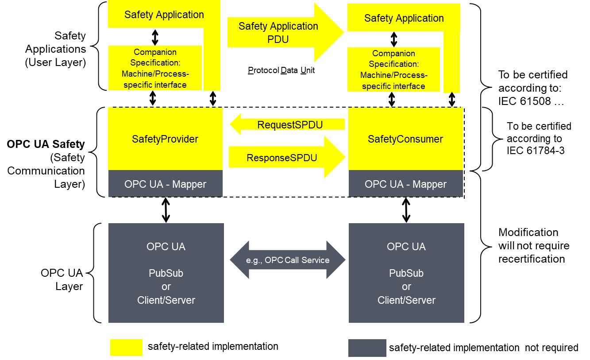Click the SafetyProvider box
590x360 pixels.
(x=166, y=139)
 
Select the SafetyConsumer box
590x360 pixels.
(x=405, y=139)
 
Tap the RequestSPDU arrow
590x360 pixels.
(x=287, y=124)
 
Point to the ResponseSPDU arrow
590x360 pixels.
(x=287, y=157)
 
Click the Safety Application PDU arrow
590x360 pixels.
(x=286, y=32)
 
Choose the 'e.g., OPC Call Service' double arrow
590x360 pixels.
(x=288, y=260)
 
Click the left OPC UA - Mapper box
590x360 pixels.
(x=166, y=184)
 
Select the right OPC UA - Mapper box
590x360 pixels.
(x=405, y=184)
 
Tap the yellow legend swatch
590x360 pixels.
(x=127, y=348)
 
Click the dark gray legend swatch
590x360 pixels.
(x=367, y=348)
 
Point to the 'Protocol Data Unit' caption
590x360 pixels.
(x=282, y=70)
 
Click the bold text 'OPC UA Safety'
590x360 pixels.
(x=46, y=144)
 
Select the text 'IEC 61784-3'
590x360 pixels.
(x=536, y=151)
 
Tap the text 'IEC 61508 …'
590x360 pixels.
(x=531, y=101)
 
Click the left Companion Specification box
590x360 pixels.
(x=155, y=68)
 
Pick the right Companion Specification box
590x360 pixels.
(x=393, y=70)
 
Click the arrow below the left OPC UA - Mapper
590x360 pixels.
(x=166, y=210)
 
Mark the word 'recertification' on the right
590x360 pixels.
(x=532, y=259)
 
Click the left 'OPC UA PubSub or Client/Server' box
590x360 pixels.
(x=166, y=273)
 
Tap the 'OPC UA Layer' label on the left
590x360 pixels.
(x=62, y=279)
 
